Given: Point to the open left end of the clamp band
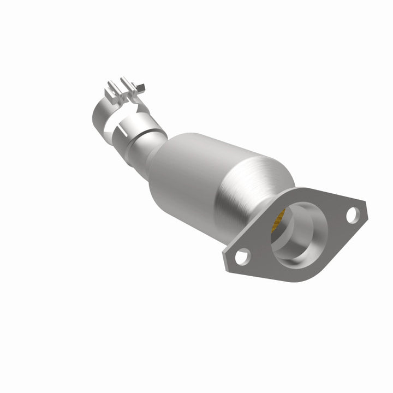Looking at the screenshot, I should click(x=98, y=109).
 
